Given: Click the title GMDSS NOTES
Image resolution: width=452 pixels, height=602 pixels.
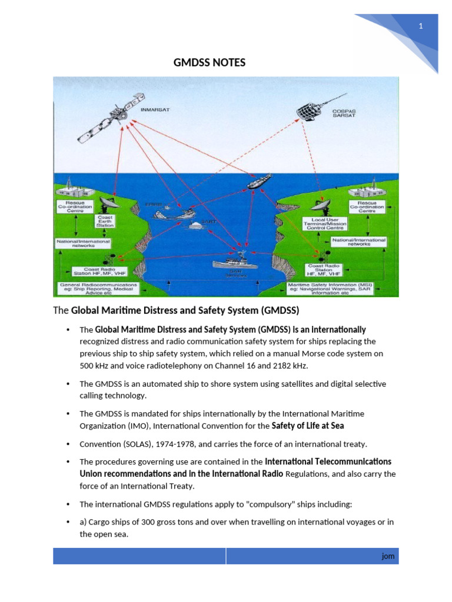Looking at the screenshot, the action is tap(210, 62).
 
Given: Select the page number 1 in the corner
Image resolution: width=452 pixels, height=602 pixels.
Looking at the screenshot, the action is tap(421, 26).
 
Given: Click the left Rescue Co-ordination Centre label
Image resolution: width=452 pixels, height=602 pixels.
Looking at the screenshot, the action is tap(71, 208).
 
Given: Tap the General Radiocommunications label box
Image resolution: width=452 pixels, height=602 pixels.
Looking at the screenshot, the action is tap(99, 288).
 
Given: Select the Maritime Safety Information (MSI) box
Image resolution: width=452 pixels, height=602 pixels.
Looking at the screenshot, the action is tap(333, 288).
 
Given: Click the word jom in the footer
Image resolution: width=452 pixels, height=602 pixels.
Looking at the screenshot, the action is tap(387, 556).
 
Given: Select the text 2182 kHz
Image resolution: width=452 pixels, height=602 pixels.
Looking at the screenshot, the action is tap(289, 366).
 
